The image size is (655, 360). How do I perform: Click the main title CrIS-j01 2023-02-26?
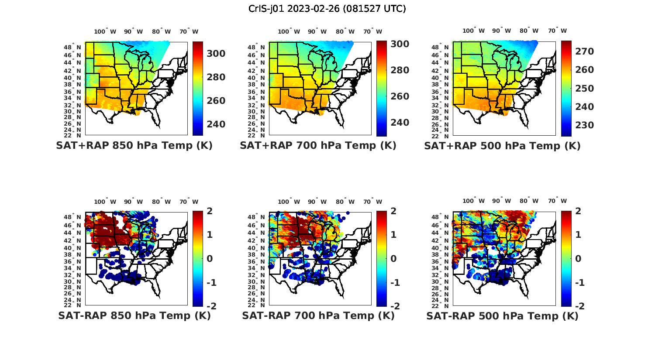tap(327, 9)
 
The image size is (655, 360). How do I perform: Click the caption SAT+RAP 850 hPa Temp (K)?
tap(134, 146)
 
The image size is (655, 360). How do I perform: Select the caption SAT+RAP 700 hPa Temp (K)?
tap(318, 146)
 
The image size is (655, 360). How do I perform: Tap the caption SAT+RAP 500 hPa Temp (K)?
tap(502, 146)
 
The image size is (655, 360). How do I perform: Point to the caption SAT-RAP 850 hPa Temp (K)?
tap(134, 315)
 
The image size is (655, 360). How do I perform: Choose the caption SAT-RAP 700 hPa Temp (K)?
tap(318, 315)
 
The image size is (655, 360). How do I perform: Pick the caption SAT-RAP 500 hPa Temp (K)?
tap(502, 315)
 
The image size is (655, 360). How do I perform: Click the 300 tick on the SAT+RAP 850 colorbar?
tap(216, 54)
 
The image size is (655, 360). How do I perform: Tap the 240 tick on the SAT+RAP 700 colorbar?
tap(400, 123)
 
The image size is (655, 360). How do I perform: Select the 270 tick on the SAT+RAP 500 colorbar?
tap(585, 51)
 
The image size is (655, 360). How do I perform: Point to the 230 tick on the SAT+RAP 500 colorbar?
tap(585, 125)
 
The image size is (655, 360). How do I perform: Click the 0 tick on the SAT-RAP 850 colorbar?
tap(209, 259)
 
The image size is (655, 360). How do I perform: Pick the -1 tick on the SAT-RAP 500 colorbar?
tap(576, 283)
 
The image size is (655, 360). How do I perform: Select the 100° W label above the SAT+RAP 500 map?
tap(473, 31)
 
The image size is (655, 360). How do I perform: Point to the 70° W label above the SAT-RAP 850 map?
tap(189, 202)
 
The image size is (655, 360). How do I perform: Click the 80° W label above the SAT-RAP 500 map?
tap(529, 201)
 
